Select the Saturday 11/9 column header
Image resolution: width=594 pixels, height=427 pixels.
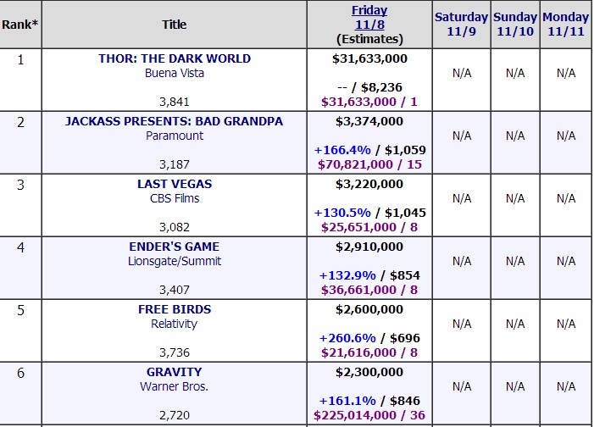tap(461, 25)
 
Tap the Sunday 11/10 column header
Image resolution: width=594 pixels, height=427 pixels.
tap(515, 25)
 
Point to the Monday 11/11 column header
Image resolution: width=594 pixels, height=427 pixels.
tap(566, 25)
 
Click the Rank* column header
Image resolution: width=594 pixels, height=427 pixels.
tap(19, 25)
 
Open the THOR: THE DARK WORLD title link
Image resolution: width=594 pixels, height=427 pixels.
tap(175, 58)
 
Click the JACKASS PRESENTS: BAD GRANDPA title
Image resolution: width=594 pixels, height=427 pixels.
tap(174, 121)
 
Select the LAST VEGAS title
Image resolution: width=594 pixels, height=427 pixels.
tap(175, 184)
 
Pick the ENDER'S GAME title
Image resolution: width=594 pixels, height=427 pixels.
tap(174, 247)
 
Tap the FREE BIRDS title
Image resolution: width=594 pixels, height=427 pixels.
tap(175, 309)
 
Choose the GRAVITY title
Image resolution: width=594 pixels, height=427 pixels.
tap(175, 372)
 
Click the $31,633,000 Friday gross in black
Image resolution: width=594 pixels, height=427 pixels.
tap(369, 58)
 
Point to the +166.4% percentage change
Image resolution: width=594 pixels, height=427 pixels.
tap(341, 150)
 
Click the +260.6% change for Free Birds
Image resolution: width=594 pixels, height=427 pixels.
tap(347, 338)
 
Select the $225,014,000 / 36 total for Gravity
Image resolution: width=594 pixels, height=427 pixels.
tap(369, 415)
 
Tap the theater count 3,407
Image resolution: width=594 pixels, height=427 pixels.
tap(174, 290)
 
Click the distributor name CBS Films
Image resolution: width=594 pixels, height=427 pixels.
tap(175, 198)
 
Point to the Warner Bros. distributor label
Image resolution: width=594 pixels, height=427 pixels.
tap(175, 386)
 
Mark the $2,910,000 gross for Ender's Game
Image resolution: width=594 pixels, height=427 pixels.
tap(369, 247)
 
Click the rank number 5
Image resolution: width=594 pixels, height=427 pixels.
tap(21, 309)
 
